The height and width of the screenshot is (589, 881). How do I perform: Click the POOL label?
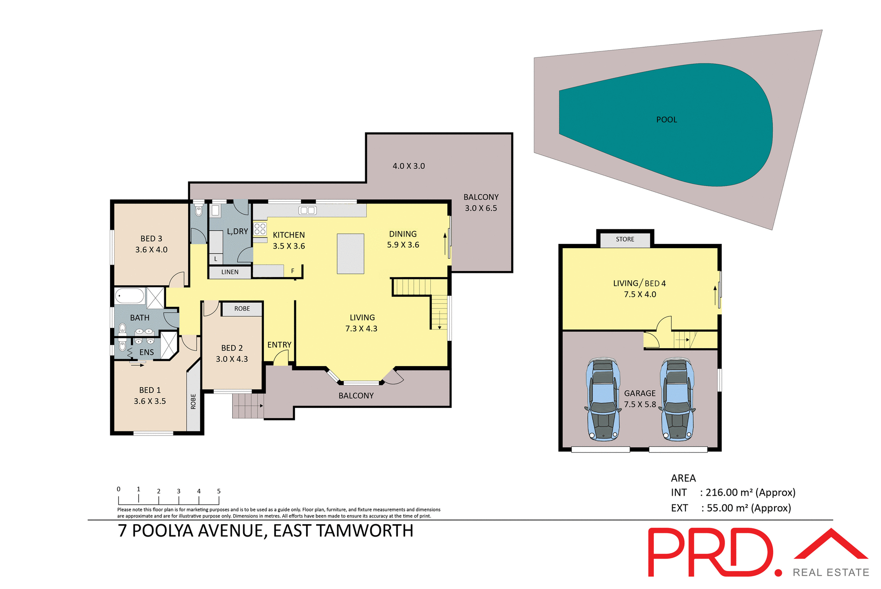(x=666, y=120)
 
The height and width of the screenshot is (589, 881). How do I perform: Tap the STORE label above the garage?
(x=625, y=239)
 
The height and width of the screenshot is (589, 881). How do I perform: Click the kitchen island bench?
(x=351, y=254)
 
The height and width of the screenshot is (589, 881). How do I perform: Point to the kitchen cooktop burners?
(x=260, y=229)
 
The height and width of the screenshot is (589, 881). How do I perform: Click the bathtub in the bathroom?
(x=130, y=295)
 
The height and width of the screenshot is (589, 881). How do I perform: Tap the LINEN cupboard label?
(x=230, y=272)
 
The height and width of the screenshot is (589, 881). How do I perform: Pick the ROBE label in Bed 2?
(x=242, y=309)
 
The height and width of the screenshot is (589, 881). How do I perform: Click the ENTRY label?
(x=279, y=345)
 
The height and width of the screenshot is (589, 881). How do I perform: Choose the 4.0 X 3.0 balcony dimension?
(x=408, y=166)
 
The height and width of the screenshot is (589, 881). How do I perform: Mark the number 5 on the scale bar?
(x=219, y=491)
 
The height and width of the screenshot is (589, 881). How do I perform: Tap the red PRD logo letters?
(x=711, y=552)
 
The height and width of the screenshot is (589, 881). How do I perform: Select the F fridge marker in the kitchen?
(x=293, y=271)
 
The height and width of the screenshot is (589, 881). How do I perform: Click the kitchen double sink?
(x=307, y=210)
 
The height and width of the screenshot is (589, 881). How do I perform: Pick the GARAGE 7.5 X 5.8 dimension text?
(x=640, y=404)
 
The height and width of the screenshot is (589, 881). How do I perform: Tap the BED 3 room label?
(x=151, y=239)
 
